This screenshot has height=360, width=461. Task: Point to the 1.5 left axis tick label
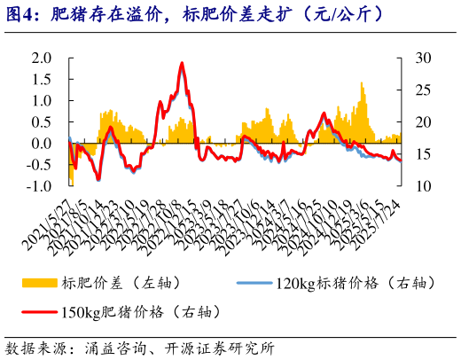[42, 79]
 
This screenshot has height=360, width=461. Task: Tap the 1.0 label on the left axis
[42, 100]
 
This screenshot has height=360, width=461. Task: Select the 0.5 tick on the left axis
[42, 121]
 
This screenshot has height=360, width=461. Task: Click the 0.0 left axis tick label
[42, 144]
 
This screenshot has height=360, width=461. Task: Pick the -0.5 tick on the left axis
[39, 165]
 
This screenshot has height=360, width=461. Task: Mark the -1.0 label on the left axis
[39, 186]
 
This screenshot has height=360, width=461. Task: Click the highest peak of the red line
[182, 63]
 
